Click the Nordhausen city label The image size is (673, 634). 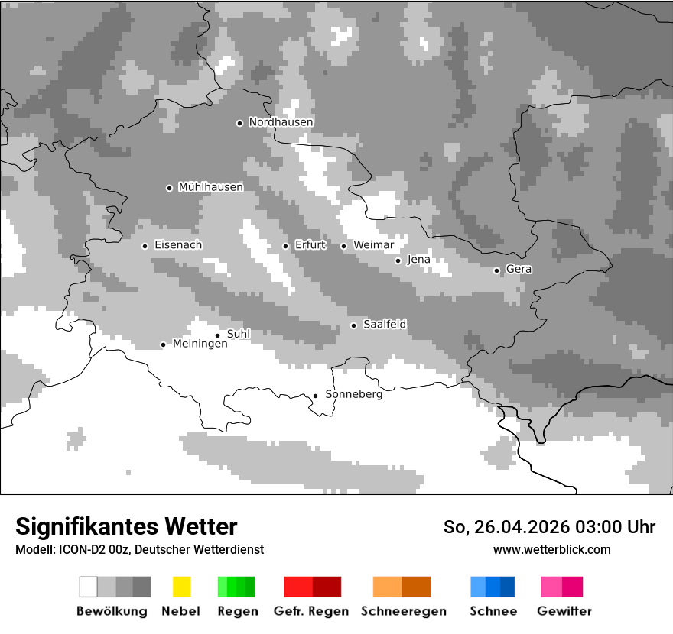[x=281, y=122]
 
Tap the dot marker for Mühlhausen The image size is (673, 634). [x=169, y=188]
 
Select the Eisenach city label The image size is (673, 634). [x=178, y=245]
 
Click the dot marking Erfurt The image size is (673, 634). [x=285, y=246]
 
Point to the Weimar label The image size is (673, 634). [x=373, y=245]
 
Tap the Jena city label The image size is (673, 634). [x=418, y=260]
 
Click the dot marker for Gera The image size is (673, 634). [x=496, y=270]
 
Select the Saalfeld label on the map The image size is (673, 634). [x=385, y=325]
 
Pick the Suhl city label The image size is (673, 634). [x=239, y=334]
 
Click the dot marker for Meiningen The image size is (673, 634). [x=163, y=344]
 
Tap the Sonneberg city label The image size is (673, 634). [x=354, y=395]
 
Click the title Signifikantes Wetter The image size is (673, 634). [x=126, y=527]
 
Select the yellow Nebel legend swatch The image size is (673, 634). [x=181, y=587]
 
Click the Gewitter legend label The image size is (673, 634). [x=564, y=611]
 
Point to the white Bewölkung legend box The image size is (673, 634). [x=89, y=587]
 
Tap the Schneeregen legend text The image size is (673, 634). [x=404, y=611]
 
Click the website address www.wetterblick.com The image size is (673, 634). [x=551, y=549]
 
